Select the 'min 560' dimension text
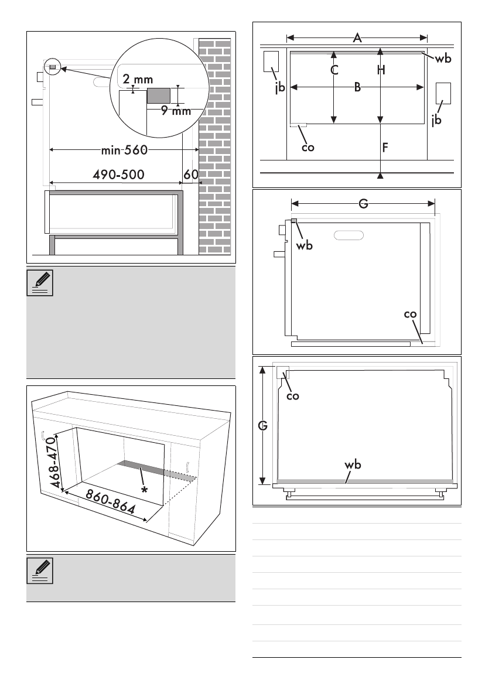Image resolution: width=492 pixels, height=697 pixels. pos(124,151)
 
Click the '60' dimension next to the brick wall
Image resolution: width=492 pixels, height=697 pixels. pos(191,175)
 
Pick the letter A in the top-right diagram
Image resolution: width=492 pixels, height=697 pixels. pos(357,38)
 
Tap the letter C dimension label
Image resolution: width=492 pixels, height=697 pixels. pos(334,70)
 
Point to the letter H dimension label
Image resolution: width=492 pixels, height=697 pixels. pos(381,70)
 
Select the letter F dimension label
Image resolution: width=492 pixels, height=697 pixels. pos(385,148)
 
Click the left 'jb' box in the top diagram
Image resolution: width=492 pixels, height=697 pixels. pos(271,61)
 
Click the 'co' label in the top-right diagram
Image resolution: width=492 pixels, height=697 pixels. pos(307,148)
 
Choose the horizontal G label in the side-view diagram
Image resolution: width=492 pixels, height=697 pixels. pos(363,204)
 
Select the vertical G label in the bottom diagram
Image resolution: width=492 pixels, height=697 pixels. pos(263,426)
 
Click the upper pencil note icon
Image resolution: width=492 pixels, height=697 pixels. pos(42,283)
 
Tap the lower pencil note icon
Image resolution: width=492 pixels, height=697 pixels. pos(42,571)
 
